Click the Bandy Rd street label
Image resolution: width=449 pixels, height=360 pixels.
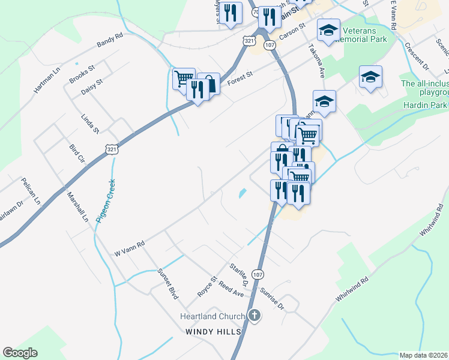pyautogui.click(x=110, y=40)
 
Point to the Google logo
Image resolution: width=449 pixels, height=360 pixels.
pyautogui.click(x=20, y=353)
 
